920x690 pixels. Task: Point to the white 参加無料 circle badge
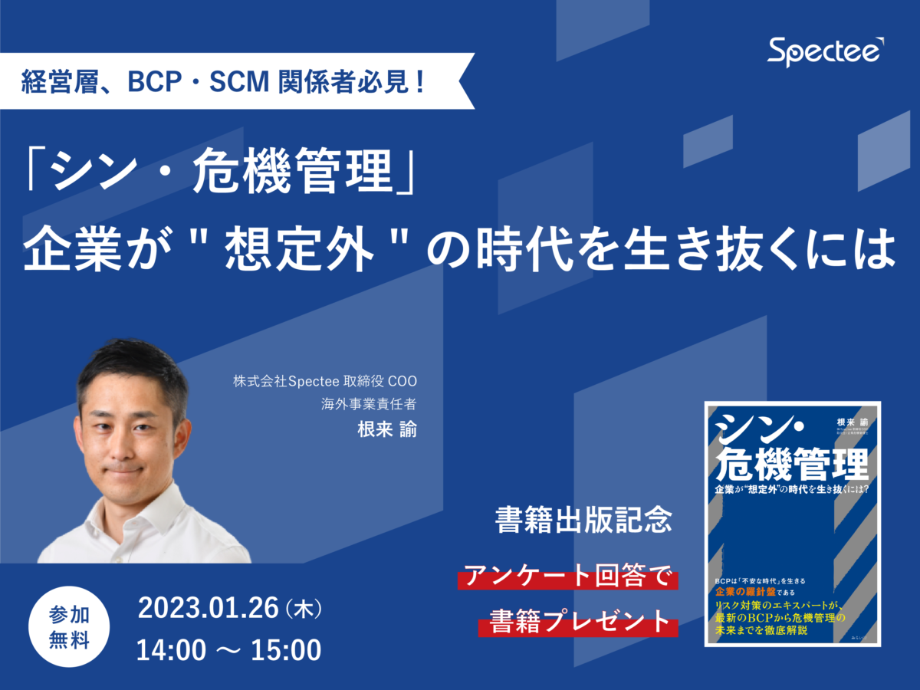[x=68, y=628]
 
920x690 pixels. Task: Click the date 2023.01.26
[x=208, y=609]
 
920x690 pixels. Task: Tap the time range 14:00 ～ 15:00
[x=228, y=650]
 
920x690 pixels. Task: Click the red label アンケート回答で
[x=567, y=577]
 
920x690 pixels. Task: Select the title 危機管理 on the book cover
[x=792, y=462]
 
